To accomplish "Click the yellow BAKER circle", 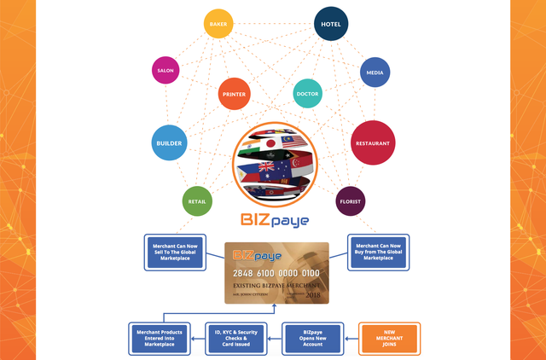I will click(218, 25).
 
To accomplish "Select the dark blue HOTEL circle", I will click(331, 25).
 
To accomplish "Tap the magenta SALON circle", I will click(166, 70).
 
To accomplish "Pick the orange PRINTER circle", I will click(234, 93).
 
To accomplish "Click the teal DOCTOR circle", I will click(307, 93).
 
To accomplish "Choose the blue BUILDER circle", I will click(170, 142).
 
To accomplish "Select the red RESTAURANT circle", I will click(373, 142).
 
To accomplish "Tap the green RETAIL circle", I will click(195, 201).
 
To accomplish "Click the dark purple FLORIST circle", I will click(350, 201).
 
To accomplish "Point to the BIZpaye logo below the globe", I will click(273, 221).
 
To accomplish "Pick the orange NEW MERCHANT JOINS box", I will click(389, 338).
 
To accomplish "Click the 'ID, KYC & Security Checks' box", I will click(237, 338).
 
